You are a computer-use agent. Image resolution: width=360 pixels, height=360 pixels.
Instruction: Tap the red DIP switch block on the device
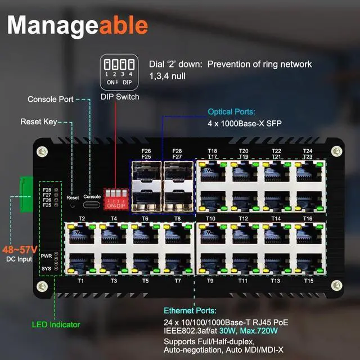point(116,199)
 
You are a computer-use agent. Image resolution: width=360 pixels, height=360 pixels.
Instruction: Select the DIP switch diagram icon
point(119,72)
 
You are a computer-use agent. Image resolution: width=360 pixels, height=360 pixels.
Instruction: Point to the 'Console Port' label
point(51,100)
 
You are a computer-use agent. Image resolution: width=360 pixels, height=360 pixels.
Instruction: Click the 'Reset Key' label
point(38,121)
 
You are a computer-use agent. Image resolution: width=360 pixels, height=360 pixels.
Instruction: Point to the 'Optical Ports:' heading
point(231,111)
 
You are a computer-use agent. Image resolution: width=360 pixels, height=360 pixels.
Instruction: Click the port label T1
point(80,280)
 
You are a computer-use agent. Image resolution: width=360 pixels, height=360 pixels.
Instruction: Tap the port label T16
point(308,218)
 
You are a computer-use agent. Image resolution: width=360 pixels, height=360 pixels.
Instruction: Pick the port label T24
point(308,151)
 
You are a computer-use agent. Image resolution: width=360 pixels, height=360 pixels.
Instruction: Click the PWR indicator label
point(46,256)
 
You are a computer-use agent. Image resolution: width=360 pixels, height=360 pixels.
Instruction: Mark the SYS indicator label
point(46,269)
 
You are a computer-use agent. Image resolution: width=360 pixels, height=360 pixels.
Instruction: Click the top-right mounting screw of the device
point(336,151)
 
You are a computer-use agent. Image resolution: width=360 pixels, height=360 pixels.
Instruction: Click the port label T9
point(210,280)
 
